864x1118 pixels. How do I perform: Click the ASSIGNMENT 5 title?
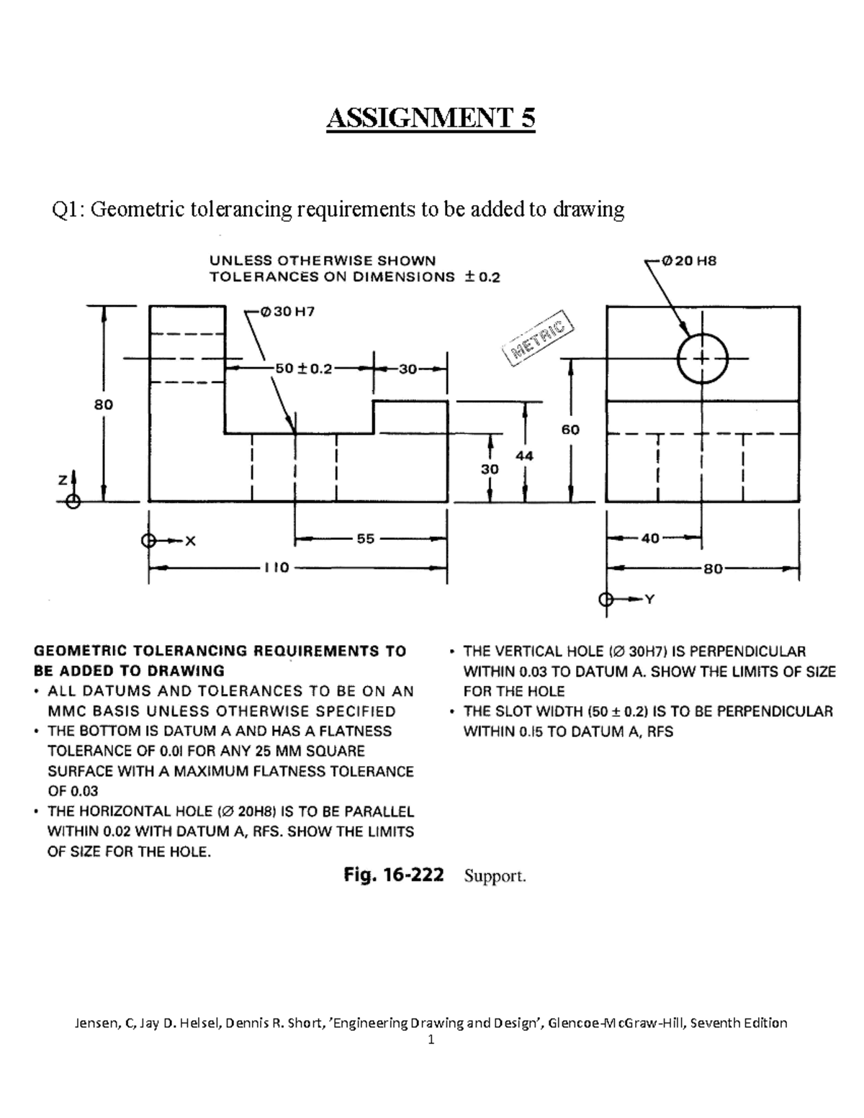[431, 118]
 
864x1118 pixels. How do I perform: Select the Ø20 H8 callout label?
[689, 261]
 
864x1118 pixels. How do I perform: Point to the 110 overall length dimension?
[276, 567]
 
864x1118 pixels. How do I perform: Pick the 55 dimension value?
[366, 538]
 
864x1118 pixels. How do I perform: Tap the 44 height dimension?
[524, 456]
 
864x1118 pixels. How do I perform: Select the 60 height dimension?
[570, 430]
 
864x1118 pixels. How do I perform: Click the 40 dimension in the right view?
[650, 538]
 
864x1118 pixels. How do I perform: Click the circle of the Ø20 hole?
[703, 358]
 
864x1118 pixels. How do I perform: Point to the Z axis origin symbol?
[71, 502]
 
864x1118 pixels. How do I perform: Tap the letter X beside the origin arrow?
[190, 541]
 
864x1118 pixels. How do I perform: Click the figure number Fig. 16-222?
[394, 875]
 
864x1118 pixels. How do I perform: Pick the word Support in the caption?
[494, 876]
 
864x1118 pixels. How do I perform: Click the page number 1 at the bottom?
[431, 1040]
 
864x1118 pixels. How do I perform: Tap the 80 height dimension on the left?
[104, 405]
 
